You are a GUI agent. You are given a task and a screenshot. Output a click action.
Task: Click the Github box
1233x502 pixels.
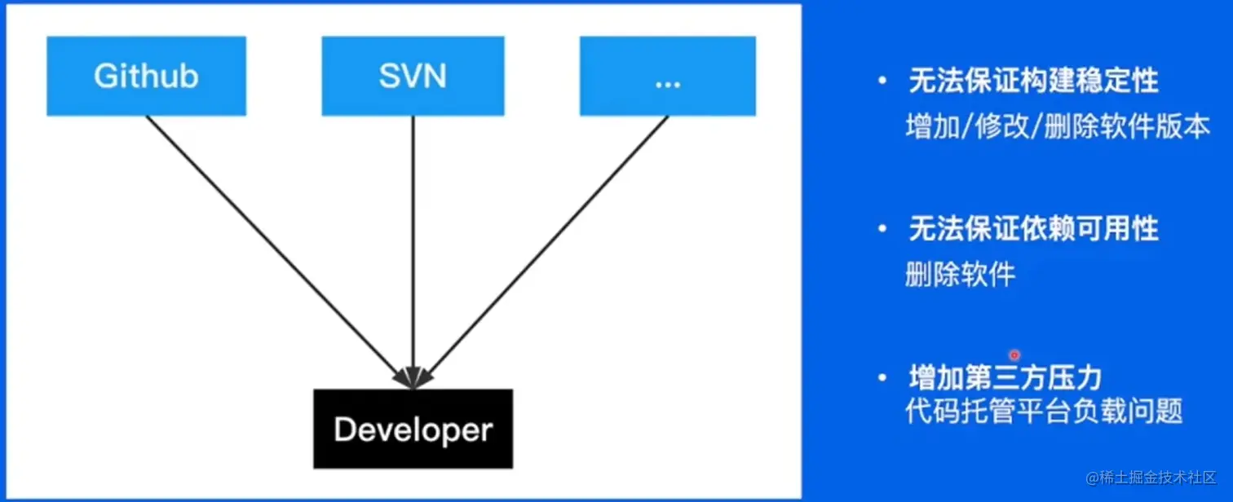click(x=147, y=76)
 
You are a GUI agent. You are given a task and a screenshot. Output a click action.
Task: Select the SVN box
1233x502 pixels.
click(x=413, y=76)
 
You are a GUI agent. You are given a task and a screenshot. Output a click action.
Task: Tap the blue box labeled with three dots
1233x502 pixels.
click(x=667, y=76)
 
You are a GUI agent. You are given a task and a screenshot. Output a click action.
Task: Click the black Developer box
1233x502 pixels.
click(x=413, y=429)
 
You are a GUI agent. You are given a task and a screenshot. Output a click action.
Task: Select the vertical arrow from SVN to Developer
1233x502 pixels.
click(x=413, y=244)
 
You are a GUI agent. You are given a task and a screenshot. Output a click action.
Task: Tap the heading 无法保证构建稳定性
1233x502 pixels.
click(x=1033, y=81)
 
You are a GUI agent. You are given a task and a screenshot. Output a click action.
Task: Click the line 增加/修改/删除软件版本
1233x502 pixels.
click(x=1058, y=127)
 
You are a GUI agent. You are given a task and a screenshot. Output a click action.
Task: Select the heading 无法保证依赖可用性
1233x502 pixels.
click(x=1033, y=229)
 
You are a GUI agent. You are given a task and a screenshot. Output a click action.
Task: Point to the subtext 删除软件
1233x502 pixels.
click(x=961, y=275)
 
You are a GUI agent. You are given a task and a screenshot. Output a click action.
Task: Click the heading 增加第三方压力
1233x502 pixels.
click(x=1005, y=377)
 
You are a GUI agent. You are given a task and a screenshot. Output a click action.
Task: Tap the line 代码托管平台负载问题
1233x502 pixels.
click(x=1044, y=410)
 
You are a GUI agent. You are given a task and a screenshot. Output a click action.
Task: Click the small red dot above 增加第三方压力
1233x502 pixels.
click(x=1014, y=355)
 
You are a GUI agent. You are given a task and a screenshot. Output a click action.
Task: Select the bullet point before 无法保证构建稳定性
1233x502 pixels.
click(x=882, y=81)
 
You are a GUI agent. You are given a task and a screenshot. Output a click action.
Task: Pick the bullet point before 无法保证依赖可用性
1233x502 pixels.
click(x=882, y=230)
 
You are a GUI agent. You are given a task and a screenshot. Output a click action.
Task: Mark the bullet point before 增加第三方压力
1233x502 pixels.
click(x=882, y=378)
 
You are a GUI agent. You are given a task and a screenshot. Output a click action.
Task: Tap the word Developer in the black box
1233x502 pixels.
click(x=413, y=429)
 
